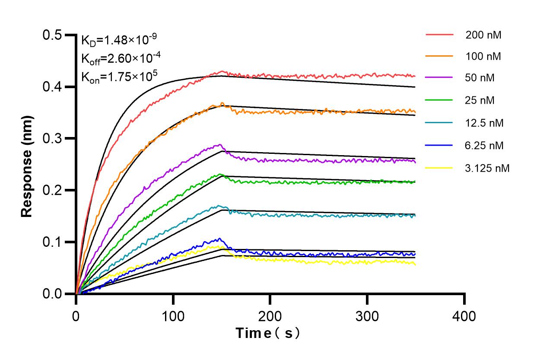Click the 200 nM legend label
click(483, 35)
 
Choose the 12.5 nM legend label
click(485, 123)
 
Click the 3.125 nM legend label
click(488, 168)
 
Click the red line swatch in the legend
click(439, 34)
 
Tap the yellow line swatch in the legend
click(439, 167)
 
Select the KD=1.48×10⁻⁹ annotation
click(119, 40)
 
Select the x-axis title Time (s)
click(267, 334)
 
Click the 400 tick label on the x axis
click(464, 316)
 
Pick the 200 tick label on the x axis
click(270, 316)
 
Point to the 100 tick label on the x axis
click(173, 316)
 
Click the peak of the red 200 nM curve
click(222, 71)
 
